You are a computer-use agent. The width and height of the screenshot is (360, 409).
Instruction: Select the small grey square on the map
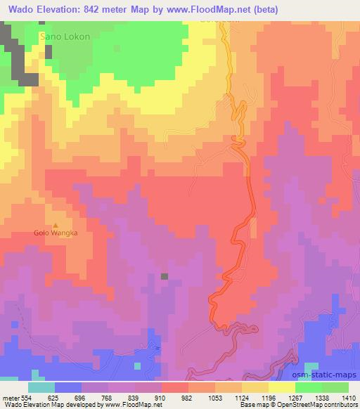pyautogui.click(x=165, y=276)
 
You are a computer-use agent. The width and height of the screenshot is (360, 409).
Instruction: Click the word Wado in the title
pyautogui.click(x=22, y=10)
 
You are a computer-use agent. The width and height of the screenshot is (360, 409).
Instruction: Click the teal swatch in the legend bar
pyautogui.click(x=41, y=387)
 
